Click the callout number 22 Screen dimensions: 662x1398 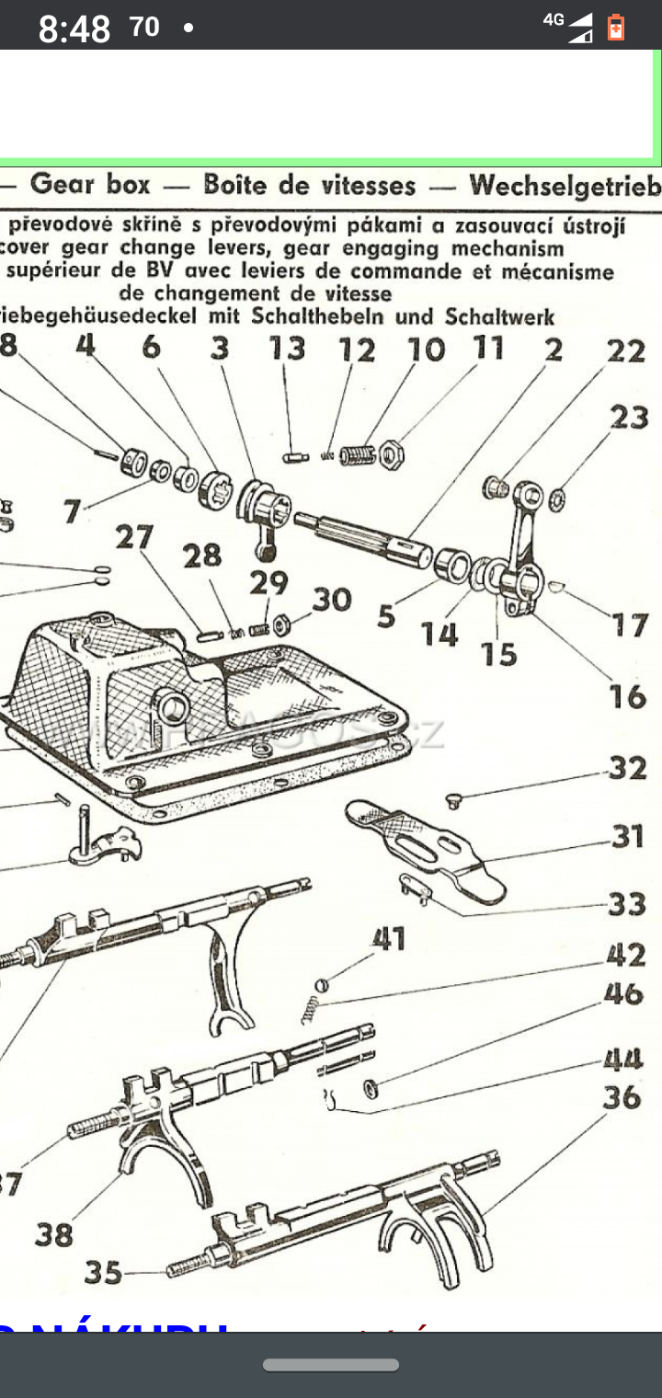click(x=626, y=351)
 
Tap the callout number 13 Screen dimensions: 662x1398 click(x=287, y=349)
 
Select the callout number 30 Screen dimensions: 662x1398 click(x=331, y=600)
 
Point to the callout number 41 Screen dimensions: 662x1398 click(x=388, y=939)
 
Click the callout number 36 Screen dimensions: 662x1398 click(x=622, y=1097)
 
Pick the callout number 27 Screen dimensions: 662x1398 click(x=134, y=537)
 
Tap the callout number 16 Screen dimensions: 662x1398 click(x=627, y=696)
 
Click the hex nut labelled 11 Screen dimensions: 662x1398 click(x=393, y=453)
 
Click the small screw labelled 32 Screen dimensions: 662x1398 click(x=452, y=801)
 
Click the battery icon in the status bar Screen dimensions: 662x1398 click(x=615, y=28)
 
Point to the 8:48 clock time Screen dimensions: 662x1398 click(x=74, y=29)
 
